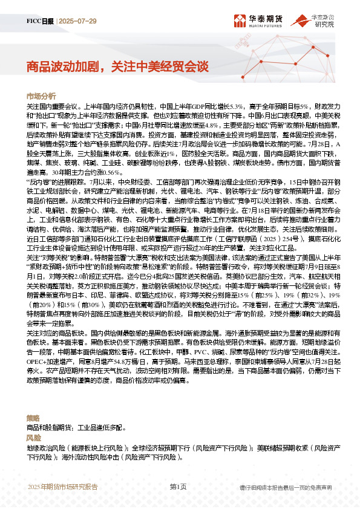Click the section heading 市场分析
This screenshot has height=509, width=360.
pos(41,96)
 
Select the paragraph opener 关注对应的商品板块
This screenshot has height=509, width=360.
pos(58,333)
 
